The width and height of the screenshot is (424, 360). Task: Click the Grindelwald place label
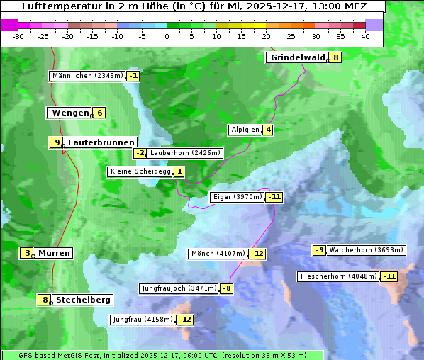[297, 57]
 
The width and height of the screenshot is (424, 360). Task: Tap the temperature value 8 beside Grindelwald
[336, 57]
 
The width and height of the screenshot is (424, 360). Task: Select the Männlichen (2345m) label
[87, 76]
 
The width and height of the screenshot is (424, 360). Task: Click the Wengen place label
[69, 113]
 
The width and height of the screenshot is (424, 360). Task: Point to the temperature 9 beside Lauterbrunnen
[57, 142]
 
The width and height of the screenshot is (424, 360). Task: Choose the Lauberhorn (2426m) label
[186, 153]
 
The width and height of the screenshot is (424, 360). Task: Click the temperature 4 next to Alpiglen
[269, 130]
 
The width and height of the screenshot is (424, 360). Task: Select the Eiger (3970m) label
[238, 197]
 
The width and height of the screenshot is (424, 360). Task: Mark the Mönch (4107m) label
[218, 254]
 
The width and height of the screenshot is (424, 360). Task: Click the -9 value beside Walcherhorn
[320, 250]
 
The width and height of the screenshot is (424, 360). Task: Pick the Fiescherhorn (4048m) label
[338, 276]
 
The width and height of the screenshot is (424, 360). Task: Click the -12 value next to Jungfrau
[184, 320]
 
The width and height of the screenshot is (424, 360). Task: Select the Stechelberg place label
[83, 300]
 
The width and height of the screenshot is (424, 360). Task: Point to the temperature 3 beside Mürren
[28, 253]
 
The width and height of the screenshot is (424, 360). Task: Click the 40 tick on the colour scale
[365, 36]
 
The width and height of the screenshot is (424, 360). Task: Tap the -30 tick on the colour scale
[18, 36]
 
